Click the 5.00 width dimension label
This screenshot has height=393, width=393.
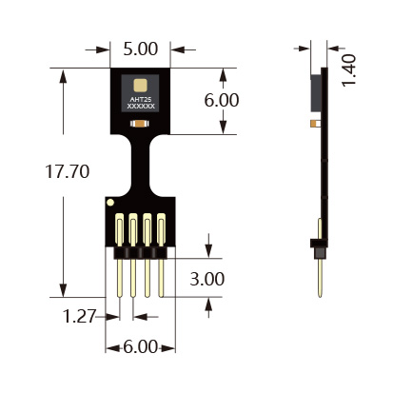(141, 49)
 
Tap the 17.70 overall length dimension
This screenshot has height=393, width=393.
(68, 171)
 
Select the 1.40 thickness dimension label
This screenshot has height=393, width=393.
(349, 70)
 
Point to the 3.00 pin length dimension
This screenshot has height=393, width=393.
(207, 279)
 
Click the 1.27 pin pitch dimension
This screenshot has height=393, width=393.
(79, 316)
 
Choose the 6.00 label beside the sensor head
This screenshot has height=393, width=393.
(222, 100)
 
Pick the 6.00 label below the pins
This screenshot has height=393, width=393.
(140, 346)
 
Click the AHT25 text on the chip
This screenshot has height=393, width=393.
(141, 100)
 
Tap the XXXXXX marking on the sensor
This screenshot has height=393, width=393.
(141, 106)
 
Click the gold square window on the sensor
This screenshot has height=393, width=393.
(140, 85)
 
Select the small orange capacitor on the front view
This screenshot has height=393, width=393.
(140, 124)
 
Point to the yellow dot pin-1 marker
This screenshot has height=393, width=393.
(110, 203)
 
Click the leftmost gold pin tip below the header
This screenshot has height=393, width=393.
(120, 295)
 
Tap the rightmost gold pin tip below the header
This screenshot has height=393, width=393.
(161, 295)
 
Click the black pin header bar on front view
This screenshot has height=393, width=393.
(141, 252)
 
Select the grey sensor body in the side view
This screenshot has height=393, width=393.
(316, 93)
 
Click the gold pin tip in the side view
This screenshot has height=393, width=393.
(320, 294)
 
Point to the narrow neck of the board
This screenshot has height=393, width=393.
(141, 165)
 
